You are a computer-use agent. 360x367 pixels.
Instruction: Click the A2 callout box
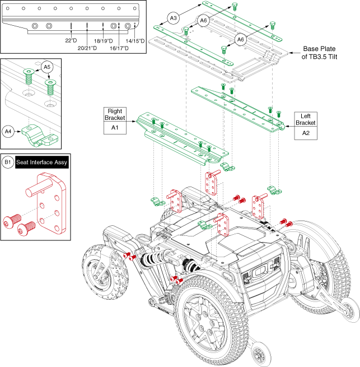306,133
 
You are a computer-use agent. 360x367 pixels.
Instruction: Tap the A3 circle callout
174,18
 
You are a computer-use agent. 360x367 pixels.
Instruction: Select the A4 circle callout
8,132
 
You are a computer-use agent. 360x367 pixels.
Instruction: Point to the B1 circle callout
8,163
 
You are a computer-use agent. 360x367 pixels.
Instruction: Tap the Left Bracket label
306,119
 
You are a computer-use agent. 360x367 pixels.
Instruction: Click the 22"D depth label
71,40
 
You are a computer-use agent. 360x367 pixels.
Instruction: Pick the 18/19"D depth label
104,40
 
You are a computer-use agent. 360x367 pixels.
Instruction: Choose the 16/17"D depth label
118,48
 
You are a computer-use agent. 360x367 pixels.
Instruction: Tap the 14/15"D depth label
135,40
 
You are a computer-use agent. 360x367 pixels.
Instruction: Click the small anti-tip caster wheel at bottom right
259,354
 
